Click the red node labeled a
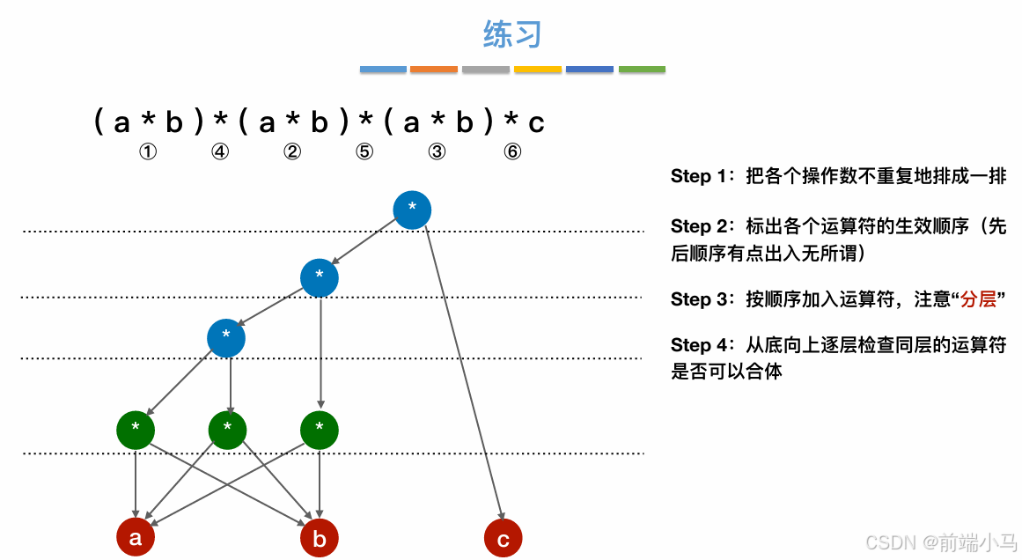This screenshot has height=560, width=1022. [x=136, y=538]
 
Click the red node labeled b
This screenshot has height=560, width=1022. [x=319, y=538]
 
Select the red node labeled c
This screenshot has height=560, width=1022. [x=504, y=538]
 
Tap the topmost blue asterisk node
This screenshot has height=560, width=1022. [x=412, y=209]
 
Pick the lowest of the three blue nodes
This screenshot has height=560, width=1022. [x=226, y=337]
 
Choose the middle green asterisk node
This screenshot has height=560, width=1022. [x=227, y=430]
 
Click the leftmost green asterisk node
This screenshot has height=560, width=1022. [x=136, y=430]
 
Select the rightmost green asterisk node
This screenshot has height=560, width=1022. [x=319, y=430]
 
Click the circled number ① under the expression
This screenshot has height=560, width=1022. [x=148, y=151]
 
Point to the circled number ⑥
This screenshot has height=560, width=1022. [x=512, y=151]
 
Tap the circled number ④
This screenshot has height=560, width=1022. [x=220, y=151]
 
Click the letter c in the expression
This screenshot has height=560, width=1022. [x=536, y=122]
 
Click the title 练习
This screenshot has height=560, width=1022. [x=511, y=34]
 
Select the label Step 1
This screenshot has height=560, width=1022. [x=702, y=176]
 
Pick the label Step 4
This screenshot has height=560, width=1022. [x=702, y=344]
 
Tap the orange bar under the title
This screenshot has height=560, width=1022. [x=434, y=69]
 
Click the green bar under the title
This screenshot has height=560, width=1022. [x=642, y=69]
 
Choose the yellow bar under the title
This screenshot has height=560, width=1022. [x=538, y=69]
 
